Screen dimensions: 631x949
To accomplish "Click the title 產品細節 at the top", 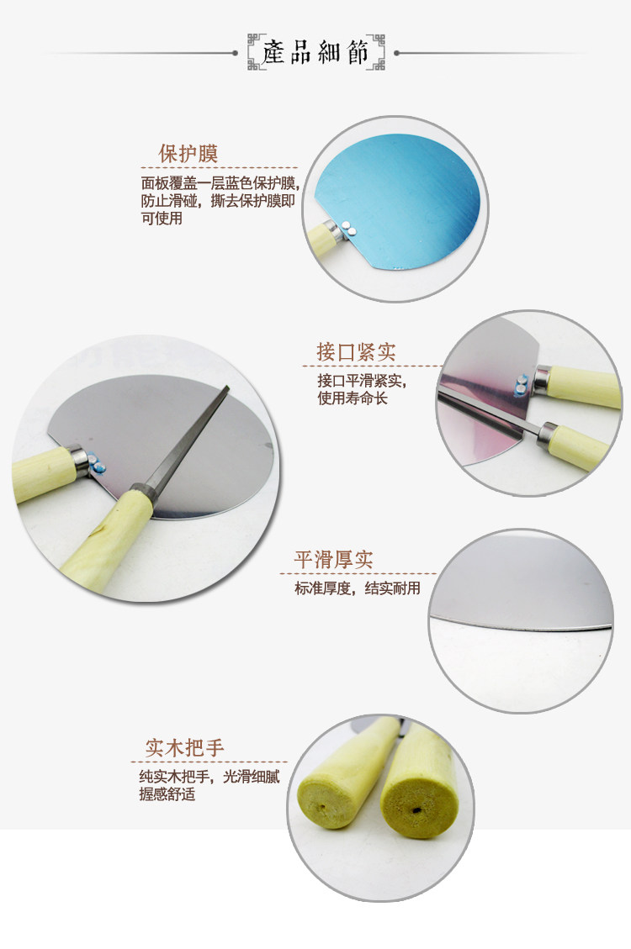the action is pyautogui.click(x=315, y=53).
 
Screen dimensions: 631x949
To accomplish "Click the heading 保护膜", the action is pyautogui.click(x=188, y=154).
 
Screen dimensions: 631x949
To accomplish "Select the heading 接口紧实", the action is pyautogui.click(x=356, y=351).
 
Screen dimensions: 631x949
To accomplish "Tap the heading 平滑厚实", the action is pyautogui.click(x=334, y=559).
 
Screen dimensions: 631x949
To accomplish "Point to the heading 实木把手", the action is pyautogui.click(x=185, y=747).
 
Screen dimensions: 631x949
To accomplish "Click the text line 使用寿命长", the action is pyautogui.click(x=353, y=398).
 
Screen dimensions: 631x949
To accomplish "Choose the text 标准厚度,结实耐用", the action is pyautogui.click(x=358, y=588).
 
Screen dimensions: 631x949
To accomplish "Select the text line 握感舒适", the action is pyautogui.click(x=167, y=794).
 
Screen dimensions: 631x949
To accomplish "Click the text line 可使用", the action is pyautogui.click(x=162, y=218).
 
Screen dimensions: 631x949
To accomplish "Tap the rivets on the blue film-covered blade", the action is pyautogui.click(x=348, y=227).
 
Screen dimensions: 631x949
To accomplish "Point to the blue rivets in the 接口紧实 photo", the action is pyautogui.click(x=522, y=386).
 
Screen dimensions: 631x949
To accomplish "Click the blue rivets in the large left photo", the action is pyautogui.click(x=97, y=464).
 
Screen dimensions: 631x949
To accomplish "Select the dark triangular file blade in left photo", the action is pyautogui.click(x=185, y=442).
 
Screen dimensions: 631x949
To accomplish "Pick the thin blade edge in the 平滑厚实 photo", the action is pyautogui.click(x=521, y=625).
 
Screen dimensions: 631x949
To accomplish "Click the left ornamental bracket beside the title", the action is pyautogui.click(x=256, y=53).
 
